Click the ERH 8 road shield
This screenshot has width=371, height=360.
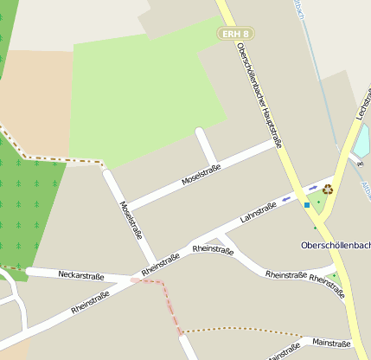click(x=230, y=33)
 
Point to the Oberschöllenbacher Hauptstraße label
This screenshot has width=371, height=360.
click(x=260, y=94)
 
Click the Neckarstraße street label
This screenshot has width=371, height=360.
click(x=80, y=276)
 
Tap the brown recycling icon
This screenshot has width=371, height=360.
click(x=328, y=189)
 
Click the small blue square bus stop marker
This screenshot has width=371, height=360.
click(x=307, y=205)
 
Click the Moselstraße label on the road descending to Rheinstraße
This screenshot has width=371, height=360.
click(x=131, y=220)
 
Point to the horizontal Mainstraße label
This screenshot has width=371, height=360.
click(x=330, y=343)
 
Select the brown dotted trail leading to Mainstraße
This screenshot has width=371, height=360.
click(x=233, y=329)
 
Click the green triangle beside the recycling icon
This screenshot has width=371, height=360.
click(x=317, y=203)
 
